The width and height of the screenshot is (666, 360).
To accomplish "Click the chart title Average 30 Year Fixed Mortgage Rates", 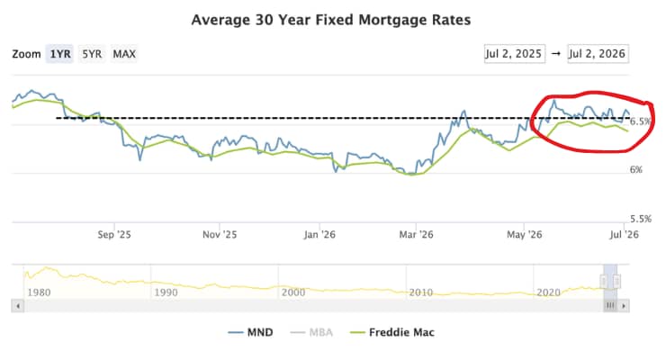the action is coord(331,20).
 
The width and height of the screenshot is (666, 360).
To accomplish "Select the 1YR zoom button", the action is coord(60,54).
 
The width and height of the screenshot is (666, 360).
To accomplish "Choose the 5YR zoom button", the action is coord(92,54).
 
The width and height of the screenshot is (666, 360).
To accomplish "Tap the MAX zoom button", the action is coord(124,54).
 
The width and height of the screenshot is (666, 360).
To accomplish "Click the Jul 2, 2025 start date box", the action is coord(515,54).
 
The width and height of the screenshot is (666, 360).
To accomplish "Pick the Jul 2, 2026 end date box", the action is coord(598,54).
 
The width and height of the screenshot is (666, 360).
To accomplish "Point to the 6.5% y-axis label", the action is coord(641,121).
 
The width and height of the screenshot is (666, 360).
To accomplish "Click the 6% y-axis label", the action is coord(636,169).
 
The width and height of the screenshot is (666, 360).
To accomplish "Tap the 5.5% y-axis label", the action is coord(641,219).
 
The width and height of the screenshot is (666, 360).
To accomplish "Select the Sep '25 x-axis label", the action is coord(114,234).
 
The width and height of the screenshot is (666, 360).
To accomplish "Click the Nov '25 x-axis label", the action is coord(220,234).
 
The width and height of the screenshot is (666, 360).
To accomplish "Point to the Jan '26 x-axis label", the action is coord(319,234).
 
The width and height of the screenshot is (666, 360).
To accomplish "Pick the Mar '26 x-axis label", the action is coord(416,234).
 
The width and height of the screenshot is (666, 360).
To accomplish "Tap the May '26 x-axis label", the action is coord(525,234).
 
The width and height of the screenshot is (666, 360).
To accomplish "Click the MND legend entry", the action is coord(250,332).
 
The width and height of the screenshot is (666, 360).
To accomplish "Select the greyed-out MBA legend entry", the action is coord(311,332).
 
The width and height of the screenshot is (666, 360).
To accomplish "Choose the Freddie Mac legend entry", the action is coord(391,332).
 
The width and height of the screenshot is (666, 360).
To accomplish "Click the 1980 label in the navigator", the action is coord(39,292).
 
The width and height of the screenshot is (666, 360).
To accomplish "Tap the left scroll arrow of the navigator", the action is coord(18,306).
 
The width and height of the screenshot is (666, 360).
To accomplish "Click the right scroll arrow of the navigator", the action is coord(624,306).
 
